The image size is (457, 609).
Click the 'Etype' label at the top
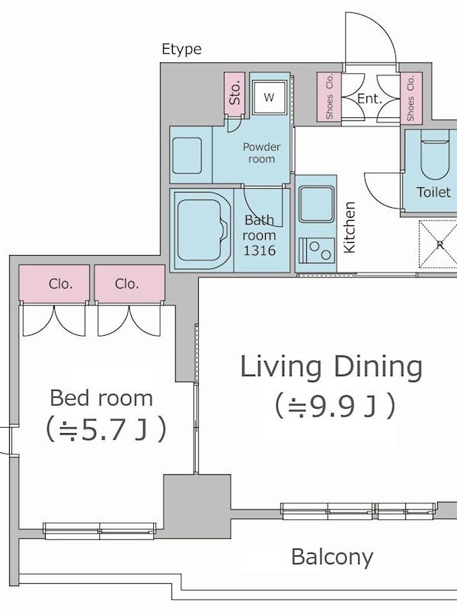[x=181, y=49]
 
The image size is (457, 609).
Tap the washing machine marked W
[x=269, y=97]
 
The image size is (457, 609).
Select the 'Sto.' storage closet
[x=235, y=94]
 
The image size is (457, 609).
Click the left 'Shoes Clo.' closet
[x=329, y=97]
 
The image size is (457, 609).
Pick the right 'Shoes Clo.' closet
[x=411, y=98]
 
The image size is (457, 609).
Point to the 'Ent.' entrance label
[x=369, y=99]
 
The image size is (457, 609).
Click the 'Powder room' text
[x=261, y=153]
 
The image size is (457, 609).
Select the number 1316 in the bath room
[x=260, y=250]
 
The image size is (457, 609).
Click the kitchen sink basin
[x=316, y=204]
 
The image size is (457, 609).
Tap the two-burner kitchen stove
[x=316, y=250]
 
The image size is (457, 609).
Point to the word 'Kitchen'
[x=350, y=227]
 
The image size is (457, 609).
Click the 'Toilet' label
[x=433, y=192]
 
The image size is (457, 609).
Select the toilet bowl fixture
[x=435, y=155]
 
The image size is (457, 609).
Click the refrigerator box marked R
[x=437, y=244]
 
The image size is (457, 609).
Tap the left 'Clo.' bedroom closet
[x=54, y=283]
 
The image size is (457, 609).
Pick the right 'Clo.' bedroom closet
[x=129, y=283]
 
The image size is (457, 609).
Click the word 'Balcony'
[x=332, y=557]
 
